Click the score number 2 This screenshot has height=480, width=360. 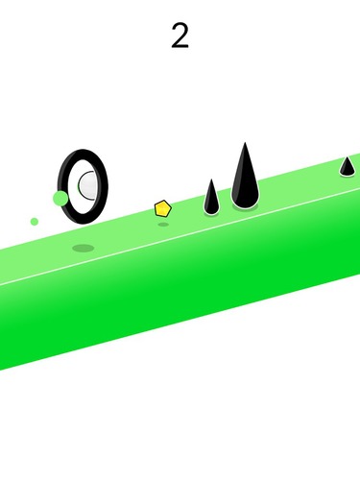(x=180, y=36)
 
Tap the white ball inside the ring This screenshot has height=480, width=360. (x=87, y=185)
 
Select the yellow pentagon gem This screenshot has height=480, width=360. (x=163, y=208)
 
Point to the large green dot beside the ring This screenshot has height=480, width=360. (x=60, y=198)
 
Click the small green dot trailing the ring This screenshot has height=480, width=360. (x=35, y=222)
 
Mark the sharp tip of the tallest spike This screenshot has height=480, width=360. (x=245, y=143)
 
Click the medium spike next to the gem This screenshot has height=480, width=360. (x=211, y=197)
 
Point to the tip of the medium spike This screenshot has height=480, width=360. (x=211, y=180)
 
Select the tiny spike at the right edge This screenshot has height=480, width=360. (x=347, y=166)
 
